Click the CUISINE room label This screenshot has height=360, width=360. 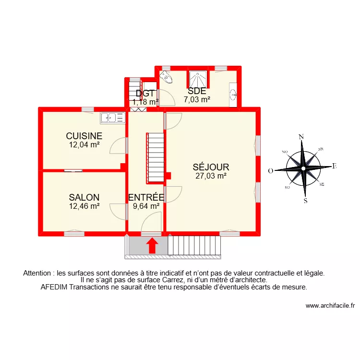[x=84, y=136]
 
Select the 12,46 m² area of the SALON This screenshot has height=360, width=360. [x=84, y=205]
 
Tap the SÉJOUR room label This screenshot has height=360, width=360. [x=211, y=168]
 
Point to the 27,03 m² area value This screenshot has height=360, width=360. [x=211, y=176]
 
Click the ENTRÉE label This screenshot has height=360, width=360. [x=146, y=197]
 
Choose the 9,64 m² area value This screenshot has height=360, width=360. [x=146, y=206]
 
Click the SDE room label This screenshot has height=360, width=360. [x=197, y=91]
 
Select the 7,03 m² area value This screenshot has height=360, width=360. [x=197, y=100]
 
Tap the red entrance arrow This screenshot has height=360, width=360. [x=152, y=245]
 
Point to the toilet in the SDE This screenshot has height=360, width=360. [x=166, y=76]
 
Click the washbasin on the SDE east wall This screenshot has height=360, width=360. [x=233, y=94]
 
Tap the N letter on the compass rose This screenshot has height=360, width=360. [x=301, y=137]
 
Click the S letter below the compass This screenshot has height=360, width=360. [x=305, y=201]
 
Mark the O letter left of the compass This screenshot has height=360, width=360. [x=270, y=170]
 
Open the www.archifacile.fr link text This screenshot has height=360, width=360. [x=329, y=306]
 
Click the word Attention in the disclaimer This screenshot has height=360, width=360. [x=38, y=273]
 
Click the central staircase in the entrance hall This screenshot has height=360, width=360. [x=155, y=157]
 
